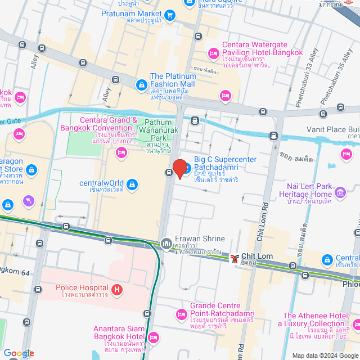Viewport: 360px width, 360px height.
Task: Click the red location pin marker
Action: (180, 168)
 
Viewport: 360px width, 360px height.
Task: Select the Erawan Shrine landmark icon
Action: (166, 243)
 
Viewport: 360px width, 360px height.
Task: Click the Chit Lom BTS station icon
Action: (234, 257)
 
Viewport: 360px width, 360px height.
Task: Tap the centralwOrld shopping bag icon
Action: (131, 184)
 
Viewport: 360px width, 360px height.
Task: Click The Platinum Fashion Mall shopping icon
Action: (141, 84)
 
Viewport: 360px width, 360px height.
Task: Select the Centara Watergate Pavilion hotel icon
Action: (213, 53)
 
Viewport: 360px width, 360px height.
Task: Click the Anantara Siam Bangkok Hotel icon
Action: (153, 337)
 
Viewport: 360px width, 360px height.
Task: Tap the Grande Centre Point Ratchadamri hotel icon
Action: (181, 313)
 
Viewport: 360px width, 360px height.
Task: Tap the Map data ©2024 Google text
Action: (324, 355)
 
